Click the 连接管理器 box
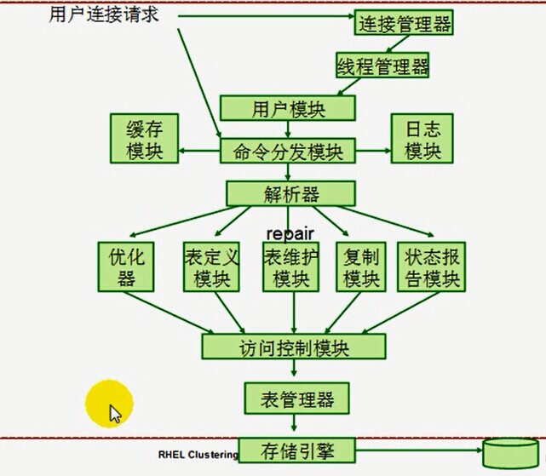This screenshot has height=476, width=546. tap(404, 22)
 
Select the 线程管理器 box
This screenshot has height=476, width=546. tap(382, 65)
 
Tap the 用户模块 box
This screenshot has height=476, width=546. tap(288, 108)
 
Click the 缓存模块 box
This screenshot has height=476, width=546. tap(144, 138)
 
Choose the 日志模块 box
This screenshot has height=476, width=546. tap(422, 138)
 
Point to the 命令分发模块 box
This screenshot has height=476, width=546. tap(288, 151)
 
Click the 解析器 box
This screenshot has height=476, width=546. tap(290, 193)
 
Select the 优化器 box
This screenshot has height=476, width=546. tap(126, 267)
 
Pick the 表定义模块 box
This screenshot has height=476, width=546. tap(211, 267)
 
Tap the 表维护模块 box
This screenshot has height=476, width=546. tap(290, 267)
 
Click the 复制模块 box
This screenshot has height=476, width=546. tap(361, 267)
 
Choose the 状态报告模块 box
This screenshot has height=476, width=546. tap(432, 267)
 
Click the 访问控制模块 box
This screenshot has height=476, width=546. tap(294, 347)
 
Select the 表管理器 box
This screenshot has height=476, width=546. tap(296, 399)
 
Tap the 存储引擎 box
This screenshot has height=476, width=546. tap(296, 450)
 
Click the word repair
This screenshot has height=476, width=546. tap(290, 233)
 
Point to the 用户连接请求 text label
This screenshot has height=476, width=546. tap(104, 14)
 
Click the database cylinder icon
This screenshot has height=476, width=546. tap(510, 453)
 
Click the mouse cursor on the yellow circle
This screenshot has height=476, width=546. tap(115, 414)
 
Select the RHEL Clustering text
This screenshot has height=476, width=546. tap(198, 455)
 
